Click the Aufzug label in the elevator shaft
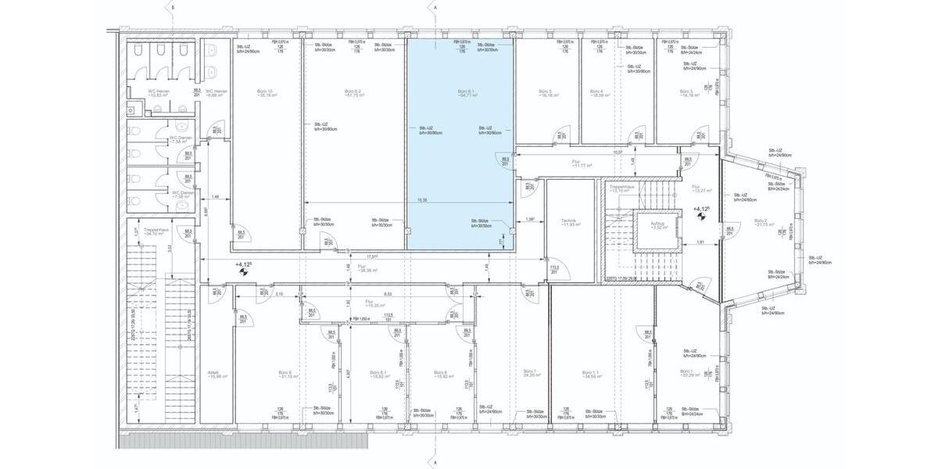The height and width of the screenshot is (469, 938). [657, 225]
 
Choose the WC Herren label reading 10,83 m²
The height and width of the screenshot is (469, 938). [159, 93]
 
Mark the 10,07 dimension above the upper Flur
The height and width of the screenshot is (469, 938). [618, 152]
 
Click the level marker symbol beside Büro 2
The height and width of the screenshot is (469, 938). [701, 218]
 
